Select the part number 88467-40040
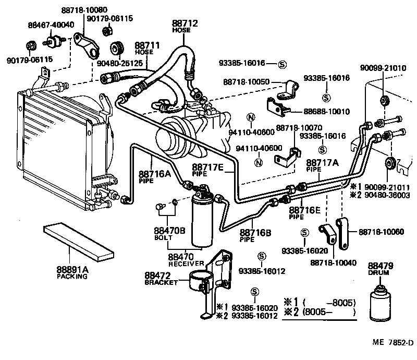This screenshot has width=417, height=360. (x=51, y=24)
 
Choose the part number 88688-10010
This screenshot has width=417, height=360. (x=327, y=111)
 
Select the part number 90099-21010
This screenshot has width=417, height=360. (x=383, y=68)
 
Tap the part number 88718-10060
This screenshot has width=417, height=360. (x=379, y=231)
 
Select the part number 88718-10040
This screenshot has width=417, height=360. (x=333, y=263)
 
